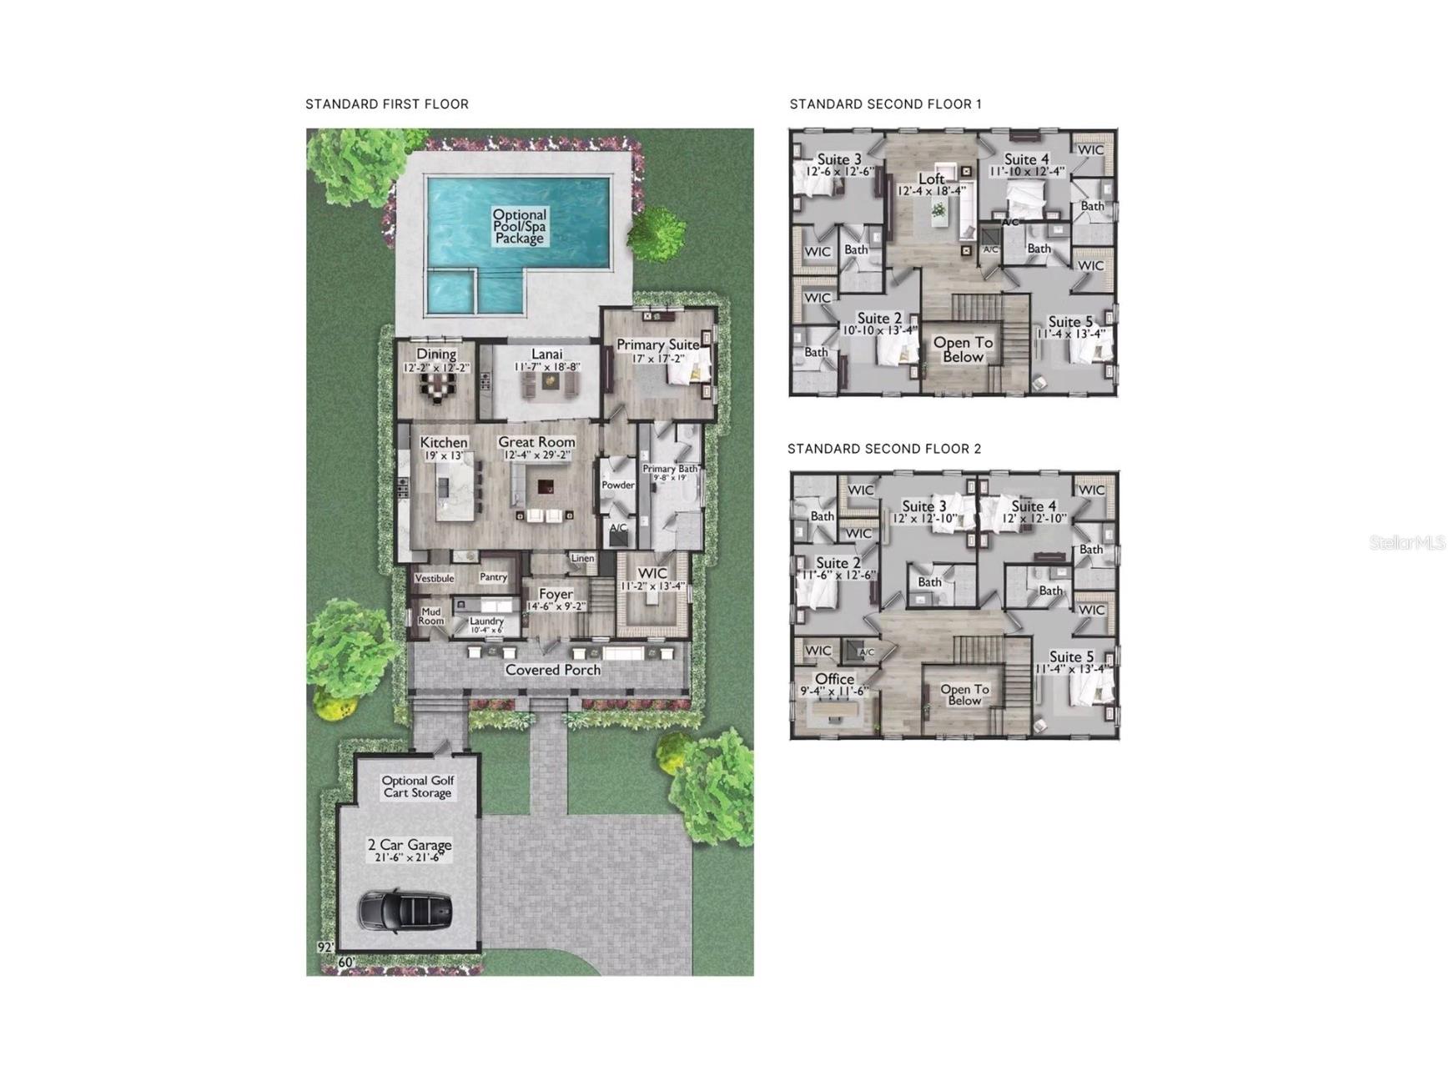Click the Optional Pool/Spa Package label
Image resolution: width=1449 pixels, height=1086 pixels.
[x=519, y=226]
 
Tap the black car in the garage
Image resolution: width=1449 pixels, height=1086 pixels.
[x=405, y=910]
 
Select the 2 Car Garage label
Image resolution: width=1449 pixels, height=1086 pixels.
[x=410, y=845]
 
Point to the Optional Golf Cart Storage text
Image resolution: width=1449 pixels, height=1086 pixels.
[x=417, y=787]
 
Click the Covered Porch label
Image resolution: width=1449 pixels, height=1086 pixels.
[x=552, y=670]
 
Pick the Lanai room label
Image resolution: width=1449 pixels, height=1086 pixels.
[x=546, y=354]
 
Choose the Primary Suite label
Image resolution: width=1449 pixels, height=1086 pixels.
[x=657, y=344]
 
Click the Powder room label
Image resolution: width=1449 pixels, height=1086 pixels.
[x=618, y=485]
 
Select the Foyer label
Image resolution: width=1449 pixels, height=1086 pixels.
[x=556, y=594]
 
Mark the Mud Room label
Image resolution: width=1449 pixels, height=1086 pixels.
[x=430, y=616]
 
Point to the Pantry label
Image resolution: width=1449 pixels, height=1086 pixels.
[x=493, y=577]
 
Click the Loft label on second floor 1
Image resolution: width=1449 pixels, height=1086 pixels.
[x=931, y=178]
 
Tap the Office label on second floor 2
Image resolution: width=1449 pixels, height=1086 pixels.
[x=834, y=679]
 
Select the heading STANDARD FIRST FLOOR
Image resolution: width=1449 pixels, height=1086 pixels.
[x=387, y=104]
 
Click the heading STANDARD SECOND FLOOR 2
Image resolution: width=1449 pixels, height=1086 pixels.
[x=884, y=449]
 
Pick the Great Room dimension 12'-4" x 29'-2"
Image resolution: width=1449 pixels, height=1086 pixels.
[x=537, y=455]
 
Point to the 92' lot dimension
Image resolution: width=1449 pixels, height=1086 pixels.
[x=325, y=948]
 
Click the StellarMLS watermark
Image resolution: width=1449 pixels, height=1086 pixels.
[x=1406, y=543]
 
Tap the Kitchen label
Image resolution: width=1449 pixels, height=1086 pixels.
[x=444, y=442]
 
